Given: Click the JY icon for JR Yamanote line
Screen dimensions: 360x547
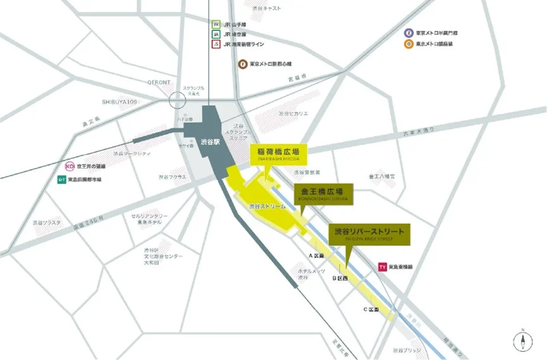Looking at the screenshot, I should point(216,24).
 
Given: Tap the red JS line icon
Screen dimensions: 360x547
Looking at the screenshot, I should point(216,44).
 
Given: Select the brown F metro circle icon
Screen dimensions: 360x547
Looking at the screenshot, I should point(241,63).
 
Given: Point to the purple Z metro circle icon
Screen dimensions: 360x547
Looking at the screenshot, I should point(409,32).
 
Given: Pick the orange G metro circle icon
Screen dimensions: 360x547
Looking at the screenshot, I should point(409,44).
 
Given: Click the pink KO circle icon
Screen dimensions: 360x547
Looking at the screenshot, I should point(70,167).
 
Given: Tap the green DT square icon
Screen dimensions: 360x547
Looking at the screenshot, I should point(61,179).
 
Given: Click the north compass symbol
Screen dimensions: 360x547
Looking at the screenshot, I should point(522,340).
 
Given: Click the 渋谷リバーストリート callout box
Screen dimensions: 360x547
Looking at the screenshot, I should point(370,234).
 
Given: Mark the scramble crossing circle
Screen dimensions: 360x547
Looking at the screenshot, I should point(179,100).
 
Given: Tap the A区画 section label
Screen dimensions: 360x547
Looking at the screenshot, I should point(316,255).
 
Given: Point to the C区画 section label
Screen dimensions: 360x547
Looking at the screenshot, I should point(371,309).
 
